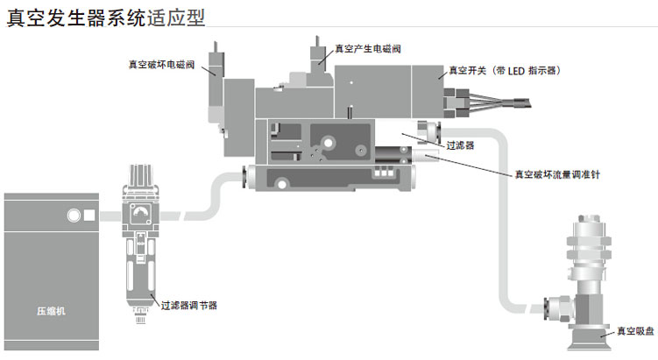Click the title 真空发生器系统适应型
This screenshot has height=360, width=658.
(109, 17)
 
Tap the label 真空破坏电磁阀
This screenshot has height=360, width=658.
(162, 63)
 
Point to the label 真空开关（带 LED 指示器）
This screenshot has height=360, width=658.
(503, 70)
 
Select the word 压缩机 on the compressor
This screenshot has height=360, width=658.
(50, 310)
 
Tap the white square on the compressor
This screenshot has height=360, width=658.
(88, 215)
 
